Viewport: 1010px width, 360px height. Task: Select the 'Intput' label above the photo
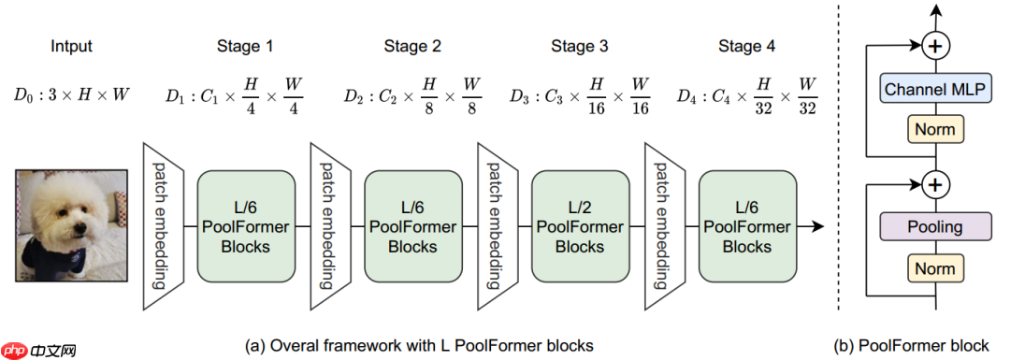pos(72,46)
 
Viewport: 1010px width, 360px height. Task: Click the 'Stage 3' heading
pos(579,46)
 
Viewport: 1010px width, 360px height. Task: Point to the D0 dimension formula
pos(72,94)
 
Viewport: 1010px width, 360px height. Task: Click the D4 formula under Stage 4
pos(747,94)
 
